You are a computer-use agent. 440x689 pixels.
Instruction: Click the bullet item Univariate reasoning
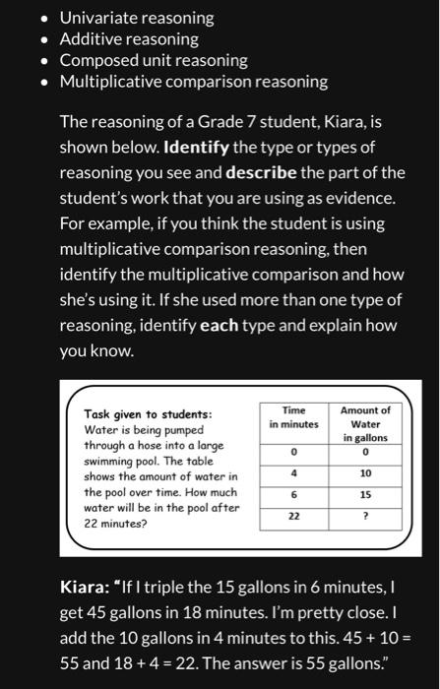coord(136,18)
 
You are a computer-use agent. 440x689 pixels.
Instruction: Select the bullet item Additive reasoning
coord(128,39)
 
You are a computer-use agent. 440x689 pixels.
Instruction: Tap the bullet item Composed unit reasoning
coord(154,60)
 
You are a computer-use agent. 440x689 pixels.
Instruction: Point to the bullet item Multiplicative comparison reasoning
coord(193,81)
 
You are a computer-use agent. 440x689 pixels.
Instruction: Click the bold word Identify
coord(196,148)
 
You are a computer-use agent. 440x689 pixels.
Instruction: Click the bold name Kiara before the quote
coord(87,588)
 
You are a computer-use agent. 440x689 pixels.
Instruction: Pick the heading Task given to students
coord(148,415)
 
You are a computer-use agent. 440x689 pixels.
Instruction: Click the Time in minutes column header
coord(293,417)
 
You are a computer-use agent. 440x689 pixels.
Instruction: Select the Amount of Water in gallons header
coord(365,423)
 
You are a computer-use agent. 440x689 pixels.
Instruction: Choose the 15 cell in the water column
coord(365,495)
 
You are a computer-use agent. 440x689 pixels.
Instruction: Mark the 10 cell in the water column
coord(365,473)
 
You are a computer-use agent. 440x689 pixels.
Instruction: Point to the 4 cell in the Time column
coord(293,473)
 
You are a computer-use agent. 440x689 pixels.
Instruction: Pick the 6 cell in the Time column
coord(293,495)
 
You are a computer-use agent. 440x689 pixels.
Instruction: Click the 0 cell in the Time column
coord(293,452)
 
